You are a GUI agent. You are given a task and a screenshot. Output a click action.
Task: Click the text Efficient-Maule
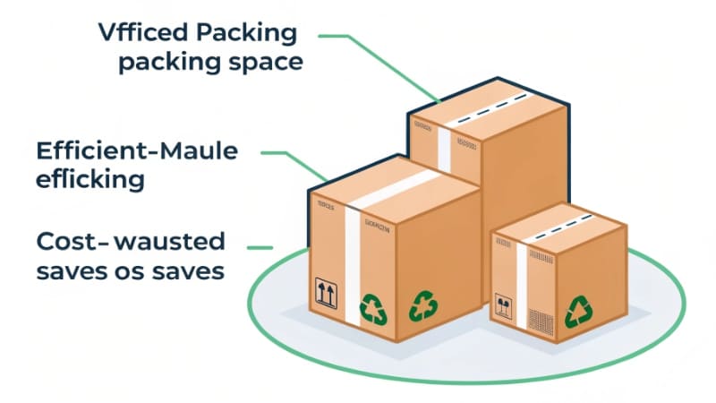pyautogui.click(x=137, y=150)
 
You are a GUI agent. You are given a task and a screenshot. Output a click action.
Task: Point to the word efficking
pyautogui.click(x=89, y=179)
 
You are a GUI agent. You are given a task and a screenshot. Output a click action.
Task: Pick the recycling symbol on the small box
pyautogui.click(x=577, y=313)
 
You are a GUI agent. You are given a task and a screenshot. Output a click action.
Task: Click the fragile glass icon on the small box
pyautogui.click(x=504, y=308)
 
